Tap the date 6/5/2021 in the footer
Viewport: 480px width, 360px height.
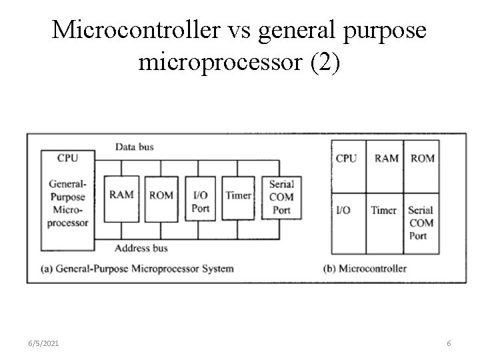pos(45,343)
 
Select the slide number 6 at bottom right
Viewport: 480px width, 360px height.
pos(449,343)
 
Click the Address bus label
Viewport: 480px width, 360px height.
pos(141,248)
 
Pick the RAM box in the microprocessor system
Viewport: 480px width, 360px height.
pos(121,196)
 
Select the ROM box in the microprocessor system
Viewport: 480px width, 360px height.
pos(161,196)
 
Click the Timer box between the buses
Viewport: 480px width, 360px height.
pos(238,196)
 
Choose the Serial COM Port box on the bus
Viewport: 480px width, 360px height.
pos(281,197)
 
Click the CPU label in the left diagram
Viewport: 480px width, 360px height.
pos(67,158)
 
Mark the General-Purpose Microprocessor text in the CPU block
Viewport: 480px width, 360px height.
pos(67,203)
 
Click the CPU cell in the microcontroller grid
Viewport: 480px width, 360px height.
pos(347,159)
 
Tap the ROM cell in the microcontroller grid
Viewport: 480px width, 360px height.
pos(423,159)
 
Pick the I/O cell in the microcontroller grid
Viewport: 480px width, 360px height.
pos(345,211)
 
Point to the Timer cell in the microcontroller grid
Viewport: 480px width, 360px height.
pos(384,211)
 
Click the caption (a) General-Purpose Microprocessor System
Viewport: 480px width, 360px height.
pos(137,269)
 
